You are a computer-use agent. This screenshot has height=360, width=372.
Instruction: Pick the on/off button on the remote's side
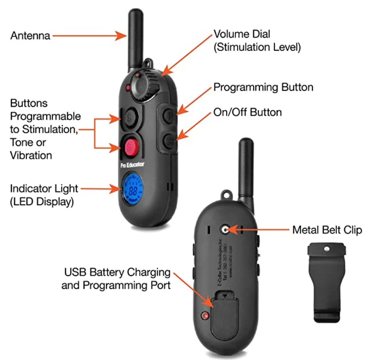tap(169, 141)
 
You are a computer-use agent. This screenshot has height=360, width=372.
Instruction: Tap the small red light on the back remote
tap(206, 316)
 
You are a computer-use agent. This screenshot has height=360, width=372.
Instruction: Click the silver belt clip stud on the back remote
tap(225, 230)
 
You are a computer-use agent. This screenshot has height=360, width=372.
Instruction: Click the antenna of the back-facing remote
tap(246, 169)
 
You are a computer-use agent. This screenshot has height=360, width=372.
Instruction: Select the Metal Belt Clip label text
tap(327, 230)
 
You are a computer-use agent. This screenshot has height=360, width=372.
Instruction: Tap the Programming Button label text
tap(263, 87)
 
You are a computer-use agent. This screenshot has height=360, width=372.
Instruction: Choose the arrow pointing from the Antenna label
tap(89, 36)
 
